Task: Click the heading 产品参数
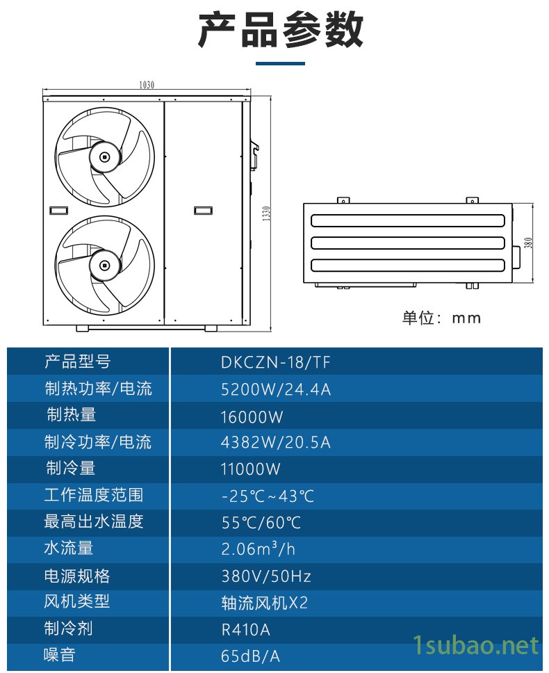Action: pos(281,30)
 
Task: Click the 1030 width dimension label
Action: pos(146,85)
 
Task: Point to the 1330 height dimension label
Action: pos(266,213)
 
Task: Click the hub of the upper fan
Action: pos(104,157)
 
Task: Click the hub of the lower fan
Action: pos(104,266)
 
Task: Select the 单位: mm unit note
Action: pos(441,318)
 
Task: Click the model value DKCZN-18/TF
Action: pos(276,363)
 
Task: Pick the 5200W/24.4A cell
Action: pos(276,389)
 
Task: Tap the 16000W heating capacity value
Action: pos(252,416)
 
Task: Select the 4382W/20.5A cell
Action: pos(276,442)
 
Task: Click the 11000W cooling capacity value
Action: pos(250,469)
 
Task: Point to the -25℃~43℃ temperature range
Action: pos(268,496)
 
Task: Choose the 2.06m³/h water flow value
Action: pos(259,549)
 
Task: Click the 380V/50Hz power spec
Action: pos(266,576)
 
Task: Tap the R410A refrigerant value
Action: pos(246,630)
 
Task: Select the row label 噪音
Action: pos(60,655)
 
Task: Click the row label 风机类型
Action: pos(76,601)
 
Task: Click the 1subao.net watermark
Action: pos(475,645)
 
